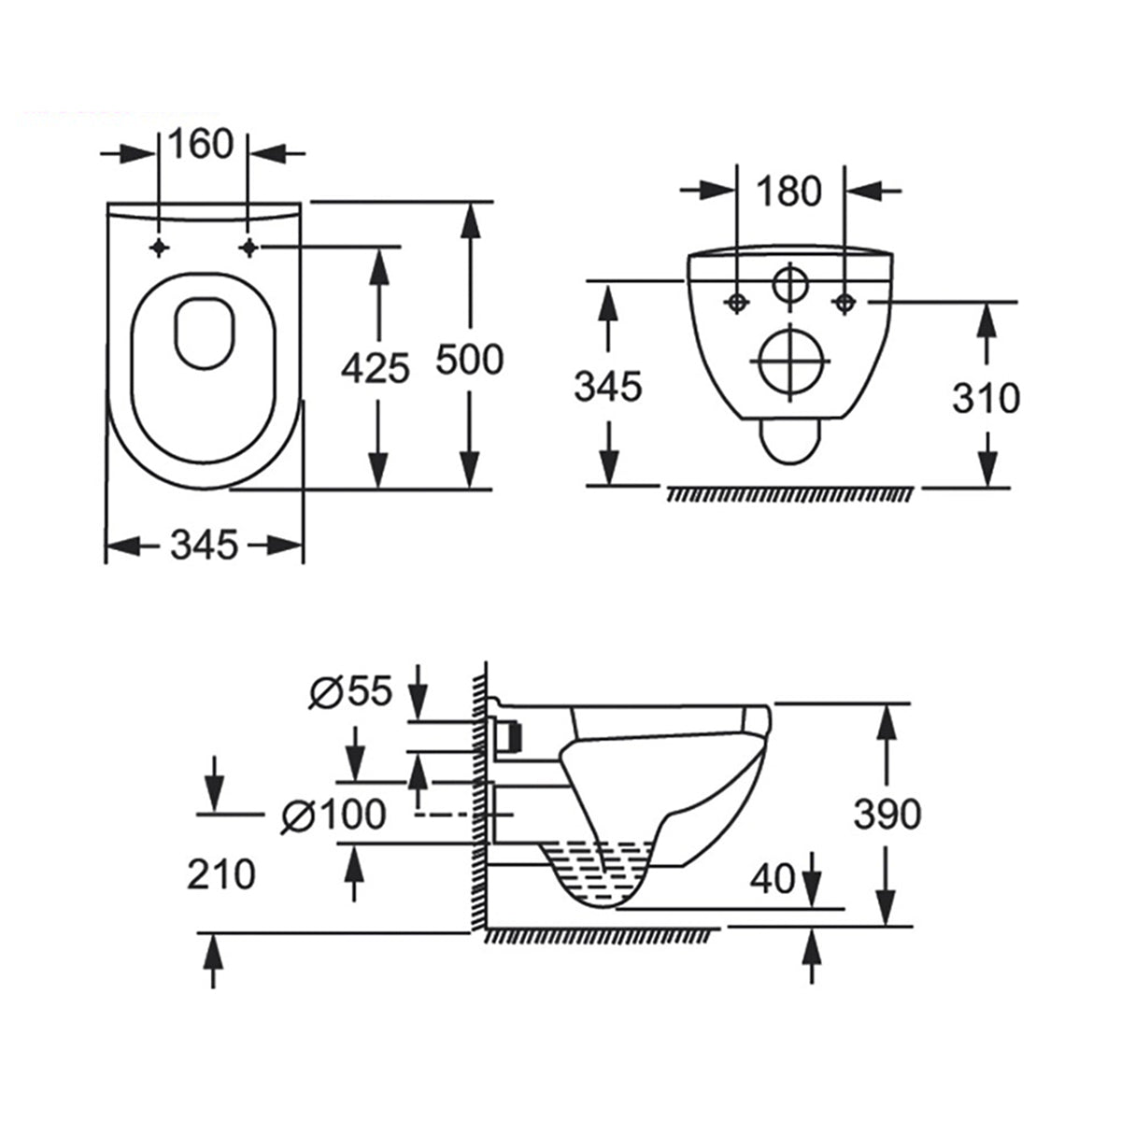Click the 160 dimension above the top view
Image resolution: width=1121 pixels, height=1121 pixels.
click(199, 145)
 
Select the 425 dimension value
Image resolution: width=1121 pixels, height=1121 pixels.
click(376, 368)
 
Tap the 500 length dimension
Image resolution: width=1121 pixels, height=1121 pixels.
click(470, 359)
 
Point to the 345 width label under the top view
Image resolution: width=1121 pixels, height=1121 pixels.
click(205, 544)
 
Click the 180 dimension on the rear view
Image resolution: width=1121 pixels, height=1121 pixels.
click(788, 191)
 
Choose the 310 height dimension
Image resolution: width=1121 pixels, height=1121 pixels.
click(986, 398)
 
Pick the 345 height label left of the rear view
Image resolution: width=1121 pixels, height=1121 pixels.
click(608, 386)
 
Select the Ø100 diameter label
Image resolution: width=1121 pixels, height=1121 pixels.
click(333, 815)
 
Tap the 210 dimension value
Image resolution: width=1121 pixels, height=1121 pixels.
click(221, 874)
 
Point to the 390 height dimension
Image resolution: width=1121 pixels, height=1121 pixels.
click(887, 814)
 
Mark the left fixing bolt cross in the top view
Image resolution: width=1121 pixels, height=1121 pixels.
click(160, 247)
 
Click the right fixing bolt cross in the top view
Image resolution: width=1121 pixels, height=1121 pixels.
click(248, 247)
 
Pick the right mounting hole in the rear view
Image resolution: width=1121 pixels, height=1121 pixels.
click(844, 302)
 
